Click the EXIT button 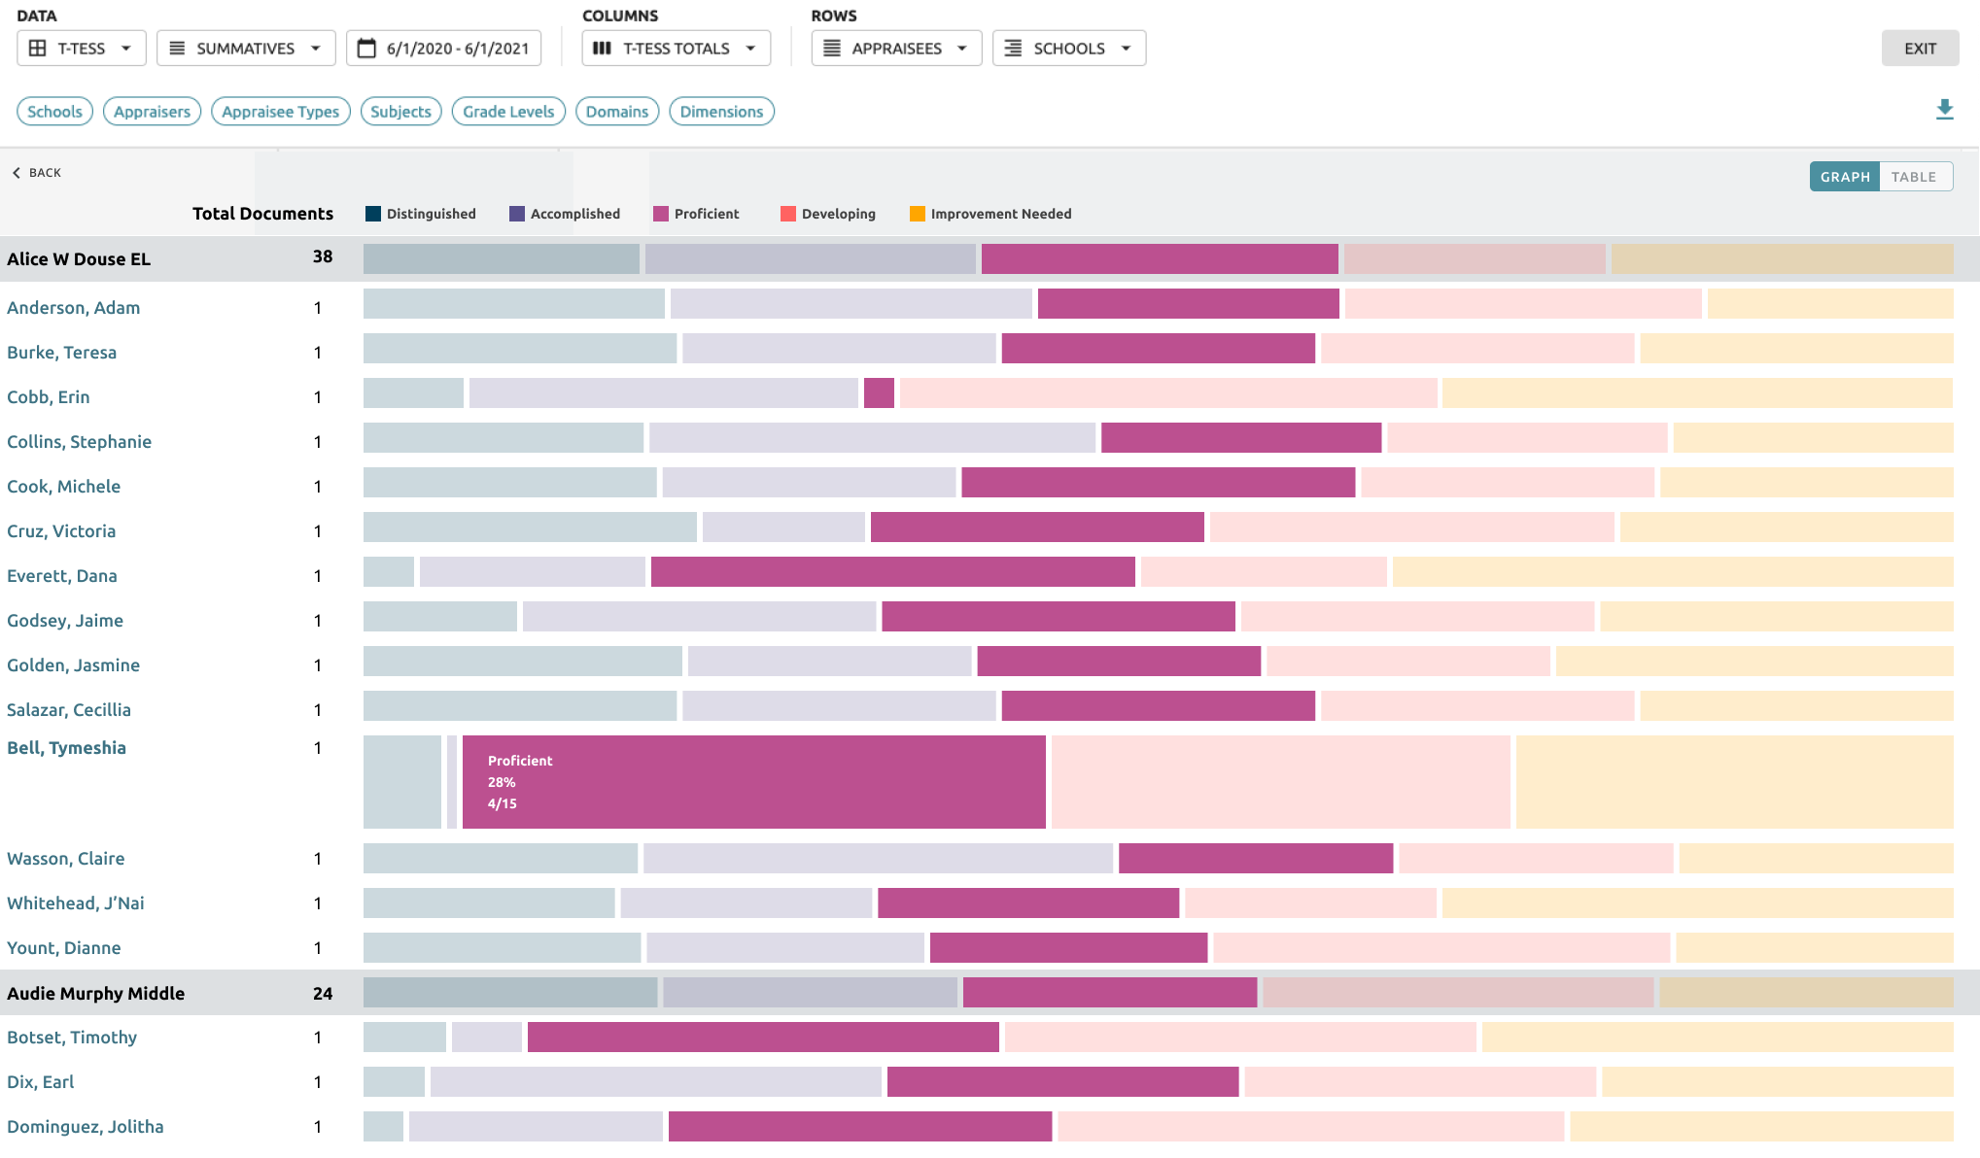pyautogui.click(x=1919, y=49)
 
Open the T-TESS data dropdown pyautogui.click(x=82, y=49)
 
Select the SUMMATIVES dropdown pyautogui.click(x=246, y=49)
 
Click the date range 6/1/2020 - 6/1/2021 pyautogui.click(x=444, y=49)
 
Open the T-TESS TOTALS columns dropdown pyautogui.click(x=676, y=49)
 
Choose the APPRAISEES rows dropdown pyautogui.click(x=896, y=49)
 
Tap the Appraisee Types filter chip pyautogui.click(x=280, y=112)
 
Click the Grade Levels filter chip pyautogui.click(x=508, y=112)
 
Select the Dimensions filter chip pyautogui.click(x=721, y=112)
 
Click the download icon pyautogui.click(x=1944, y=110)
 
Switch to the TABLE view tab pyautogui.click(x=1913, y=177)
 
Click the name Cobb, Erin pyautogui.click(x=49, y=397)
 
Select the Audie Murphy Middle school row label pyautogui.click(x=95, y=994)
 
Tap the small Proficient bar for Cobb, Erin pyautogui.click(x=879, y=393)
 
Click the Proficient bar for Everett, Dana pyautogui.click(x=892, y=572)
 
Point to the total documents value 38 pyautogui.click(x=323, y=257)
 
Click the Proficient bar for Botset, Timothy pyautogui.click(x=763, y=1038)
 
